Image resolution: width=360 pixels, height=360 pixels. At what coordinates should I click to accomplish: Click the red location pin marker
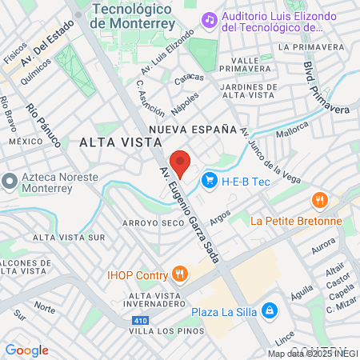pos(180,162)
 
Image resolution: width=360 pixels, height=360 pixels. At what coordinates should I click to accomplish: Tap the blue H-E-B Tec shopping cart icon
pos(210,180)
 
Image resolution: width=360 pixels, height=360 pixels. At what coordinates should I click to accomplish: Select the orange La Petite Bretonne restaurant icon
pos(320,200)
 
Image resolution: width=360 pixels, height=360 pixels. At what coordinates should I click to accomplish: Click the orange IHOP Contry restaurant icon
pos(180,274)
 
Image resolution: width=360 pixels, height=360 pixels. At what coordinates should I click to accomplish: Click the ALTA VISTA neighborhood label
pos(111,142)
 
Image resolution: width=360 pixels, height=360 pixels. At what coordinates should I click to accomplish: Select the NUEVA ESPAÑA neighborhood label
pos(193,129)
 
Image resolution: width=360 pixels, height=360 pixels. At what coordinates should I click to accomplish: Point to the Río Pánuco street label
pos(43,126)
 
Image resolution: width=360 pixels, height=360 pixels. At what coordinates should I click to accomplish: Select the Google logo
pos(26,350)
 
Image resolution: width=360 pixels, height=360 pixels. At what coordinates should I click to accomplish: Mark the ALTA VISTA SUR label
pos(69,238)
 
